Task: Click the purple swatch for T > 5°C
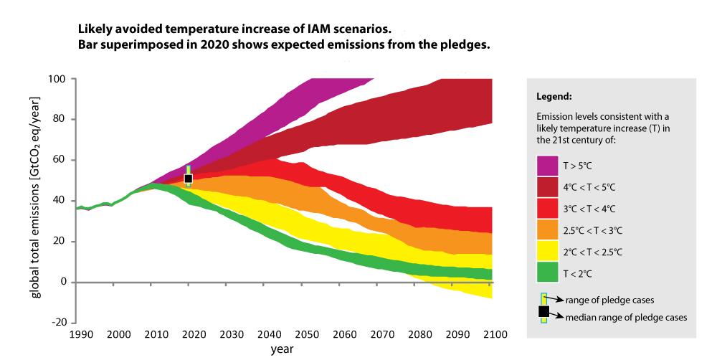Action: click(x=547, y=166)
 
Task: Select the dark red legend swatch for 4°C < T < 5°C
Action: click(x=547, y=187)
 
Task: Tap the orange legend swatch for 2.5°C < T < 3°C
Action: click(x=547, y=229)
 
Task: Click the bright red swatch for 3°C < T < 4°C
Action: click(x=547, y=208)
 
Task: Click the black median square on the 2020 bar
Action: click(x=189, y=179)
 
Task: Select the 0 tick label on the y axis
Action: click(x=63, y=282)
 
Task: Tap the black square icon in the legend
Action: click(x=543, y=311)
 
